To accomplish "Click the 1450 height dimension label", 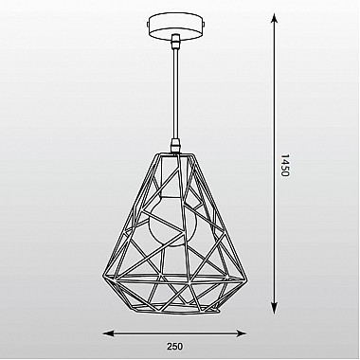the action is [285, 166].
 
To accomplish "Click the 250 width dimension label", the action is [174, 347].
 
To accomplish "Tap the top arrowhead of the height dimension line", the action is [275, 19].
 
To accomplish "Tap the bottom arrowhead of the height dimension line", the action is [275, 308].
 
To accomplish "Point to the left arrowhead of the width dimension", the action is [109, 333].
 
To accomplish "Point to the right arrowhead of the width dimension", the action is [241, 333].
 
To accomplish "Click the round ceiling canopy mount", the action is [175, 27].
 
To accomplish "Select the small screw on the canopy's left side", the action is [148, 25].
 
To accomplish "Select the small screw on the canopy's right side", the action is [204, 25].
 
